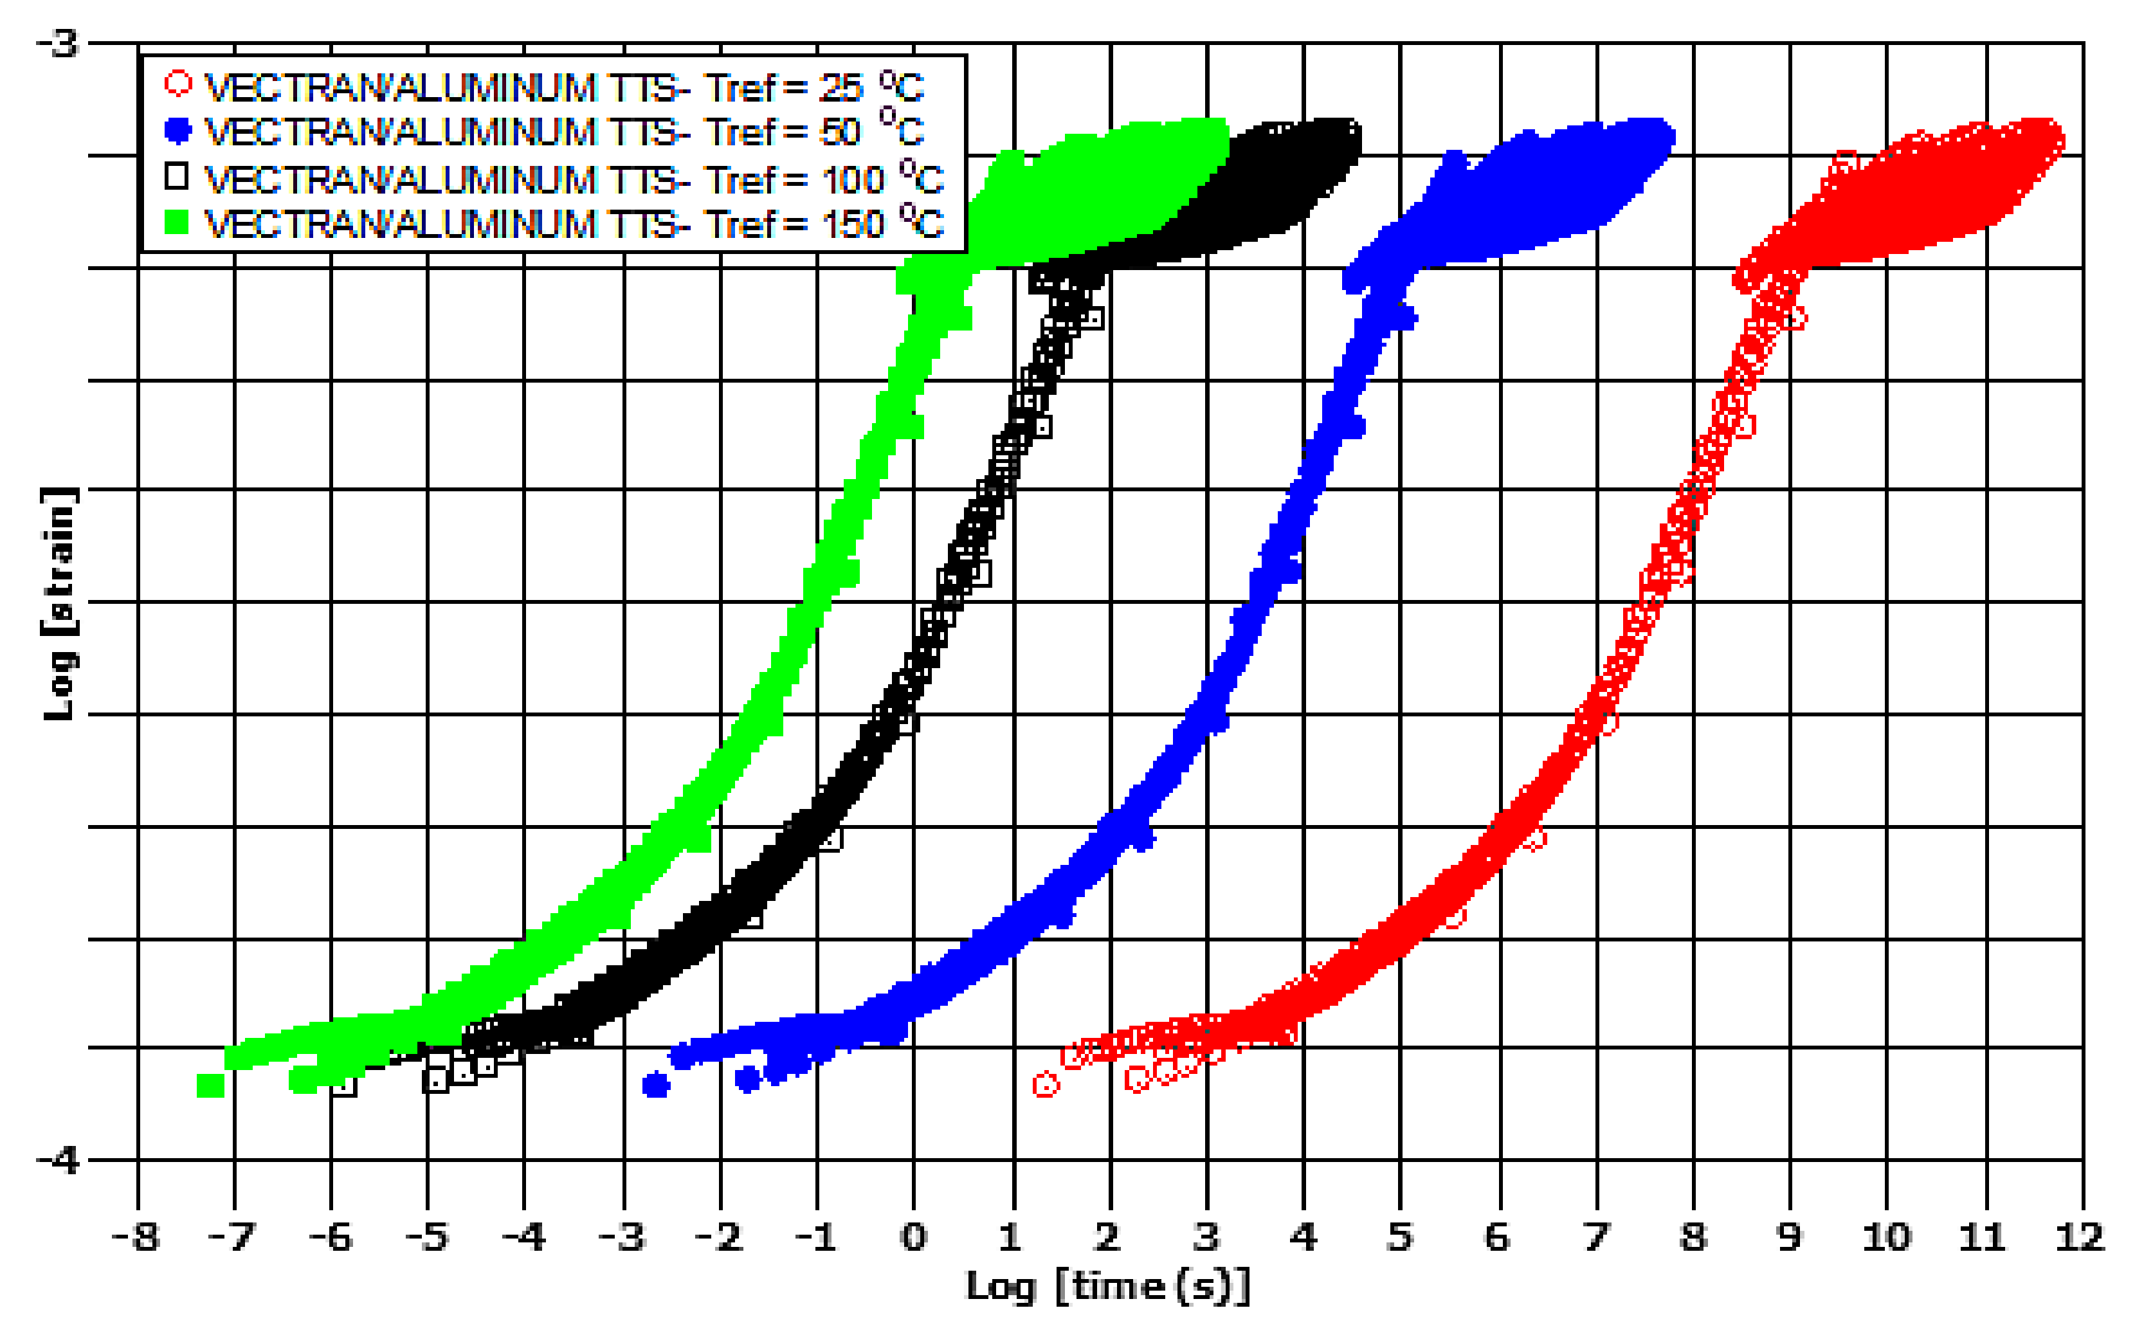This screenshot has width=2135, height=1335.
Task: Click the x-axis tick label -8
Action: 136,1237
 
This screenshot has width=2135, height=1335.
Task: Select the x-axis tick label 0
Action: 913,1237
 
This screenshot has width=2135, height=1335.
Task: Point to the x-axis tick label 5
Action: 1399,1237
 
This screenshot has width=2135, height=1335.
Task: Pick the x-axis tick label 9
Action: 1789,1237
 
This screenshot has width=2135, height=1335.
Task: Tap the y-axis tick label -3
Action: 59,42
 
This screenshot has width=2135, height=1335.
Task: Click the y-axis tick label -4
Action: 59,1159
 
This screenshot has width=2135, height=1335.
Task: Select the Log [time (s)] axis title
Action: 1108,1286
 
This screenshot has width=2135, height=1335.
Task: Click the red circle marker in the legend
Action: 177,84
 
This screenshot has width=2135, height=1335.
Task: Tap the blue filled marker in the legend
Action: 177,131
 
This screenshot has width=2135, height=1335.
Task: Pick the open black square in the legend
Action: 177,177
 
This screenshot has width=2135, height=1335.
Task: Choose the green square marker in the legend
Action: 177,222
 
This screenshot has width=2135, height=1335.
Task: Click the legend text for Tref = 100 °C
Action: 574,179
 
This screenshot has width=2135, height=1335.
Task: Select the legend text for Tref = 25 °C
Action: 565,87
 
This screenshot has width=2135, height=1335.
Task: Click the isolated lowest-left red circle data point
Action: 1044,1084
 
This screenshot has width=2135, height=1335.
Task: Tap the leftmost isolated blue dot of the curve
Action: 655,1085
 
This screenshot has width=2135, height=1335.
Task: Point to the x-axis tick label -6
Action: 331,1237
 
